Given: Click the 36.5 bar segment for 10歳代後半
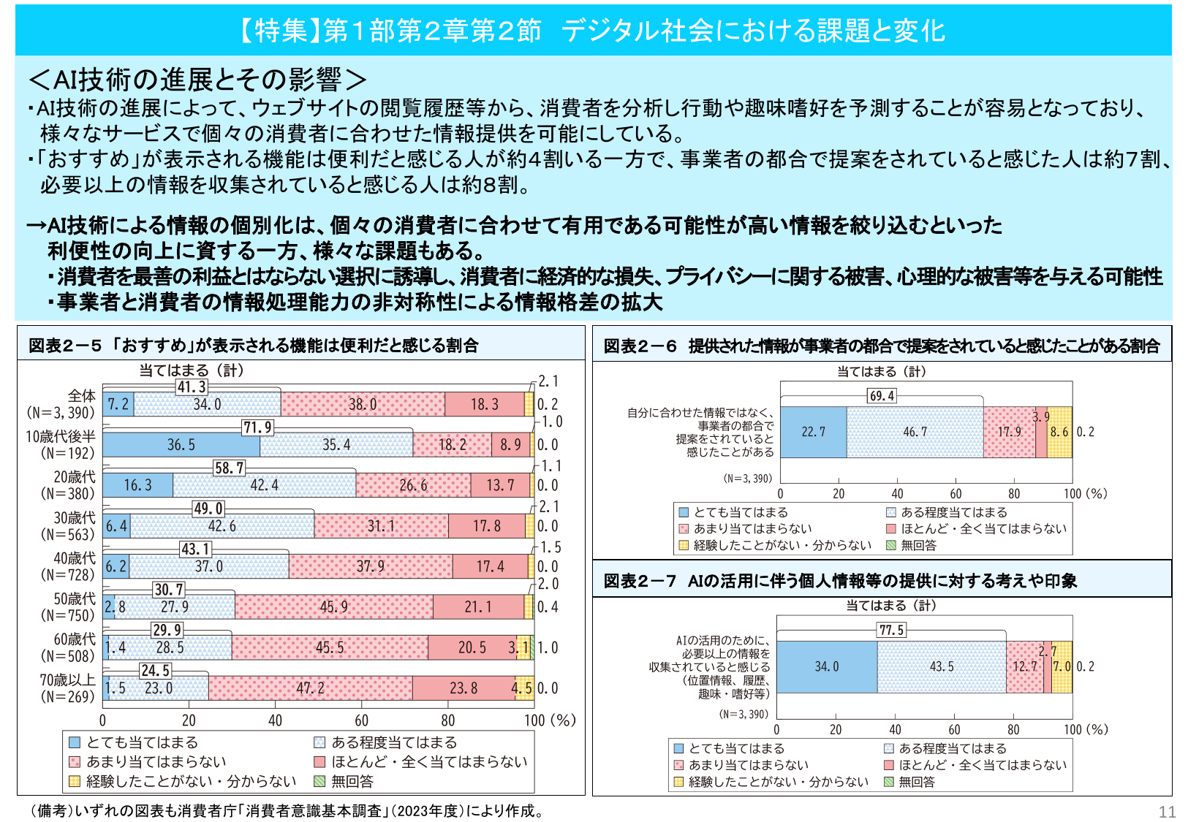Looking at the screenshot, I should (181, 445).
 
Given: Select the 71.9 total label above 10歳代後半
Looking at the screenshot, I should (257, 427).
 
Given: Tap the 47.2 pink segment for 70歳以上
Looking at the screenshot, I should (310, 688).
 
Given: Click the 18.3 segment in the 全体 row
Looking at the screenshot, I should (484, 404).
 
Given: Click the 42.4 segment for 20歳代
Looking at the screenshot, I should (264, 485).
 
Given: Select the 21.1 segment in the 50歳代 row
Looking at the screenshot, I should (478, 607).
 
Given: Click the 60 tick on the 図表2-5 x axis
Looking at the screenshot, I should (361, 720).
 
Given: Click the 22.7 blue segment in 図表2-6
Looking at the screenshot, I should (813, 432).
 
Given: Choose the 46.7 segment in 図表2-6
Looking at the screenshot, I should (915, 432).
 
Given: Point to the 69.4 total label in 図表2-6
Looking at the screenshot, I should (881, 396).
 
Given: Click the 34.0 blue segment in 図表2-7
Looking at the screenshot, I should (826, 666).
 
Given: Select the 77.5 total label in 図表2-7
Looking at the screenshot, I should (891, 630).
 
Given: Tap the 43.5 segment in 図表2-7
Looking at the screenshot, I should (941, 666).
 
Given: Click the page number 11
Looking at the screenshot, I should (1167, 812).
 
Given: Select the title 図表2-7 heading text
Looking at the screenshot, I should (840, 581).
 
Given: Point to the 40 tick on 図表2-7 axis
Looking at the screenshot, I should (895, 729).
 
